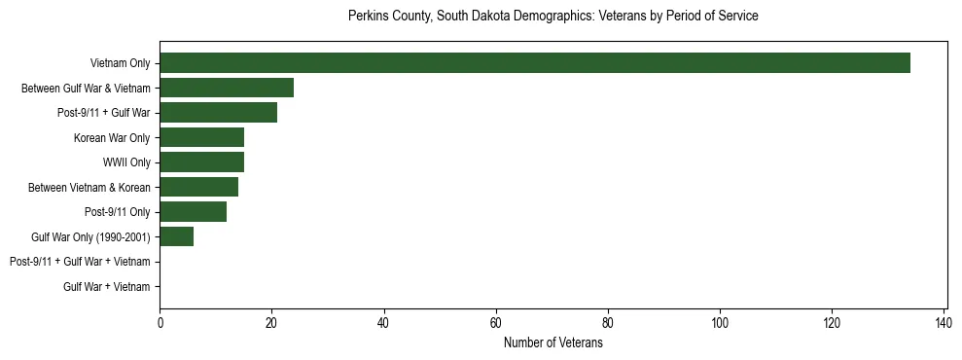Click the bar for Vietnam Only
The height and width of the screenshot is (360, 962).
tap(535, 63)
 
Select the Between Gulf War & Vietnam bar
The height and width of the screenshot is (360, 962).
tap(227, 88)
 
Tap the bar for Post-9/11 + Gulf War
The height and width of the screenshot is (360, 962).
tap(219, 113)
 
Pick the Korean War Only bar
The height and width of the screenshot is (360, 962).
tap(201, 137)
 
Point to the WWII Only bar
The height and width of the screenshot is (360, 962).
tap(201, 162)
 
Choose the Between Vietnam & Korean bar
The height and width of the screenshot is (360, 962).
tap(199, 187)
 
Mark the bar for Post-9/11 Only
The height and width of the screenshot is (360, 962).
tap(194, 212)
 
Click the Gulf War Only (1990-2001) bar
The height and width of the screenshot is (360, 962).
tap(177, 236)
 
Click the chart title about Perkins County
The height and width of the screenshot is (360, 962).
tap(553, 17)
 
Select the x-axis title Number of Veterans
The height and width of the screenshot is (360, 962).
tap(553, 343)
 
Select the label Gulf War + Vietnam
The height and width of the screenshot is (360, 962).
tap(107, 287)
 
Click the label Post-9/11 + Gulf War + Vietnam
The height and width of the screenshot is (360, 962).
tap(80, 262)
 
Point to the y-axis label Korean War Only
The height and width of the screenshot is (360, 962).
tap(112, 137)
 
